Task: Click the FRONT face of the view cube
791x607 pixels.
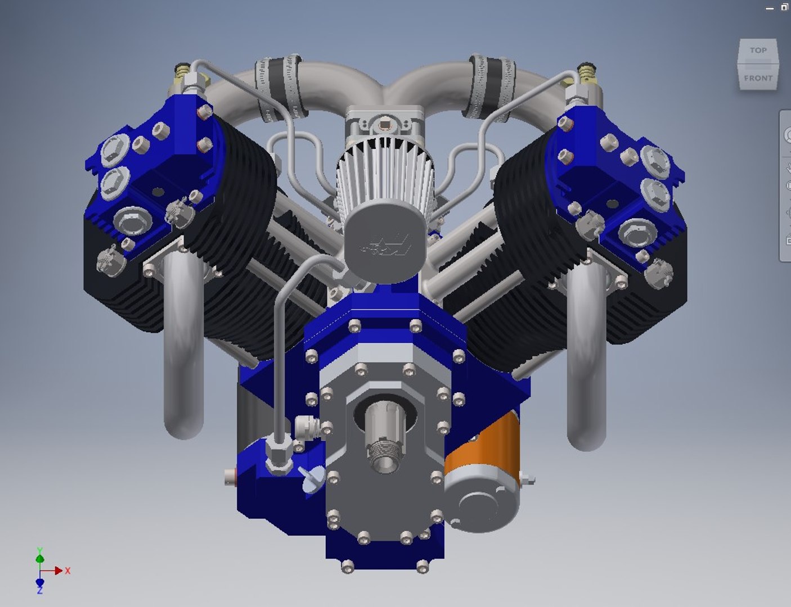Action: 758,78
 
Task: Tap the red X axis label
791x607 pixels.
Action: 68,570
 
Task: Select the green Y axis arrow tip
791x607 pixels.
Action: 39,558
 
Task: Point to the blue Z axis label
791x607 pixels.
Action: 39,591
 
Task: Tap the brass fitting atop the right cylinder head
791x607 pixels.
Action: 587,71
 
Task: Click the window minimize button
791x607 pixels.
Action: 770,8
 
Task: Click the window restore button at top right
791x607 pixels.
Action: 784,7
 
